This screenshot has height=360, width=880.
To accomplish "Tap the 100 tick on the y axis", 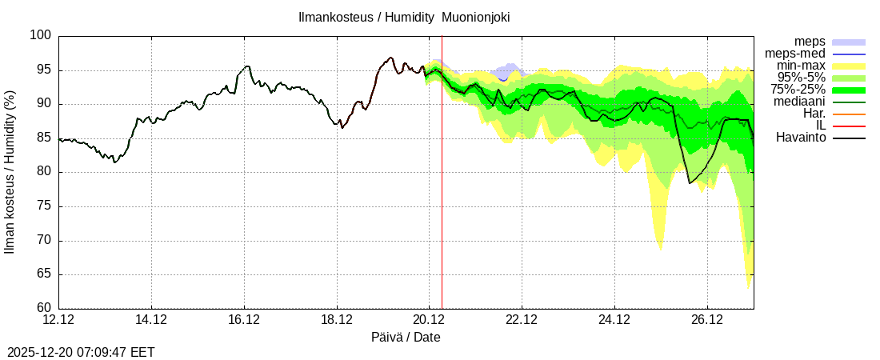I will pos(42,36).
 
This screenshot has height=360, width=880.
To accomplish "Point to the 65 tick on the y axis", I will pos(44,274).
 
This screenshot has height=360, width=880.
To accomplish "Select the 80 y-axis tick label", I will pos(44,172).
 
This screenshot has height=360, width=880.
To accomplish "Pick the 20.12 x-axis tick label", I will pos(429,320).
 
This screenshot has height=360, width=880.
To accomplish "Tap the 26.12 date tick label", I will pos(707,320).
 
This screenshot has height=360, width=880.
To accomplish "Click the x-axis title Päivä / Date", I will pos(406,338).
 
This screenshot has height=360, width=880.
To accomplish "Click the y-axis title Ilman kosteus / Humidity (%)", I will pos(10,172).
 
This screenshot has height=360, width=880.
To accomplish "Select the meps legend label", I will pos(810,42).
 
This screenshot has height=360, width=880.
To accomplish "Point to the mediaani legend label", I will pos(800,102).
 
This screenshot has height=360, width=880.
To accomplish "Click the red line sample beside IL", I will pos(849,126).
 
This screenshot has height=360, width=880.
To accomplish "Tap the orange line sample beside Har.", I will pos(849,114).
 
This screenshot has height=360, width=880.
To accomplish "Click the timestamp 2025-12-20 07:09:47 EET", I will pos(81,352).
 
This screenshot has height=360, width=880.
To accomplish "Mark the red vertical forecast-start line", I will pos(442,200).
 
